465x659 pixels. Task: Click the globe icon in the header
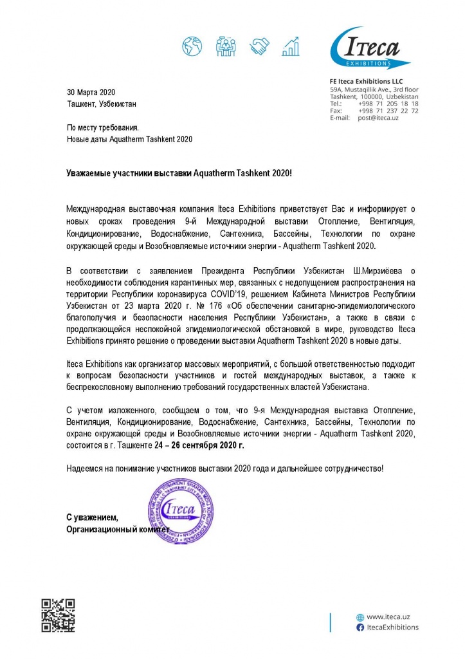192,46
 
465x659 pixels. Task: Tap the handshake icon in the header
260,46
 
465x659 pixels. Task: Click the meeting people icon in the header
226,46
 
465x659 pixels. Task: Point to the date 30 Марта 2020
91,92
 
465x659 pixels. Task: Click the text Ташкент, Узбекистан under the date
102,104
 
